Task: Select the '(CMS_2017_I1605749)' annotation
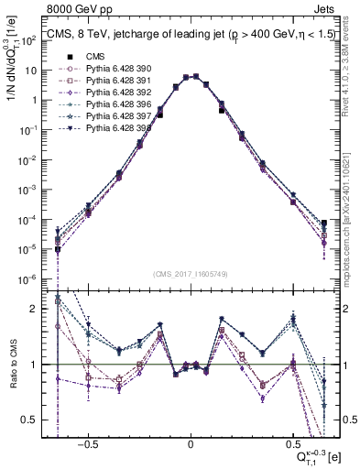[191, 275]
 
